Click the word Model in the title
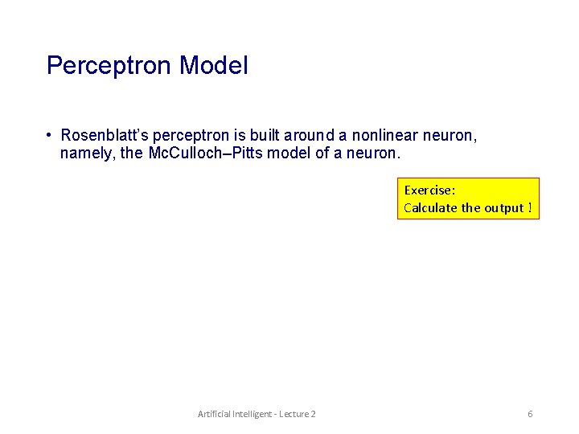click(x=214, y=66)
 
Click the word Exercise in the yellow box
click(x=429, y=190)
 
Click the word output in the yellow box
click(x=503, y=208)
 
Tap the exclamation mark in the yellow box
click(x=530, y=208)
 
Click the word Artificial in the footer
click(x=213, y=414)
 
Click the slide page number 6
click(x=530, y=414)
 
